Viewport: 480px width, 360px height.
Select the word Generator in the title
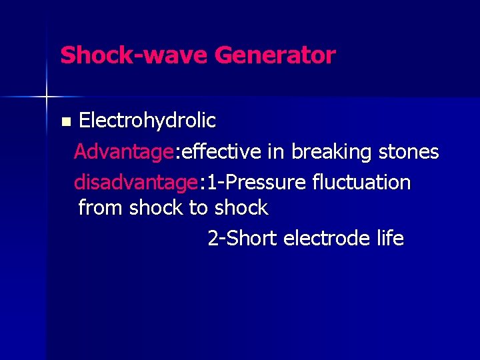(x=275, y=55)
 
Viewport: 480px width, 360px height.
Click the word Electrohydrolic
(x=147, y=121)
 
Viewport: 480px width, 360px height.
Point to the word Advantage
(x=123, y=153)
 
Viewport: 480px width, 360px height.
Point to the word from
(x=101, y=208)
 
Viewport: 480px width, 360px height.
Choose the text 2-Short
(x=243, y=238)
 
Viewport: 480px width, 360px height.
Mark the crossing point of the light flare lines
(x=47, y=97)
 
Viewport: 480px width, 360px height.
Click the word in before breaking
(x=276, y=152)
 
